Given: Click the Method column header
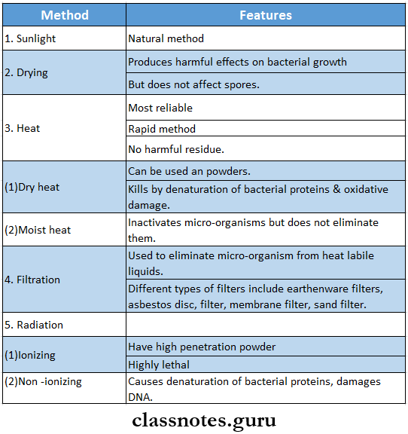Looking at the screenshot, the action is click(x=64, y=15).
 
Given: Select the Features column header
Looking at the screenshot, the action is click(x=266, y=15).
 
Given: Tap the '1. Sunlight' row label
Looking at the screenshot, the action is click(x=30, y=38).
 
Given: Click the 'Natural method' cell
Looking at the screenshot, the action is click(x=166, y=38).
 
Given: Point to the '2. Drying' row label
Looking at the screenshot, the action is click(x=27, y=72).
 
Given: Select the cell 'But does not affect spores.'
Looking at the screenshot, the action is click(x=193, y=84).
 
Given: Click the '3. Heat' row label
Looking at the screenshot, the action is click(x=23, y=128).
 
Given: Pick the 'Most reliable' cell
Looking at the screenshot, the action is click(x=160, y=108).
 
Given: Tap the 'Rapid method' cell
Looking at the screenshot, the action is click(x=162, y=129).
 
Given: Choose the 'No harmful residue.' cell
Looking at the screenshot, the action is click(x=176, y=149).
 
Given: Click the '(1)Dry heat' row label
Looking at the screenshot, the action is click(x=32, y=187).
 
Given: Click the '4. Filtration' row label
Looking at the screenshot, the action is click(x=32, y=280).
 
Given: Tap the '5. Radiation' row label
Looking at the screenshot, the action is click(x=34, y=325).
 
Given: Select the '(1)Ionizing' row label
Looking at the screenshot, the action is click(x=30, y=355).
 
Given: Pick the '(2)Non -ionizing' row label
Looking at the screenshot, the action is click(x=43, y=381).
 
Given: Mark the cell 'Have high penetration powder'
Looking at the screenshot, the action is click(x=202, y=347).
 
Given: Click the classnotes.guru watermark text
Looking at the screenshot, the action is click(x=204, y=419).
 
